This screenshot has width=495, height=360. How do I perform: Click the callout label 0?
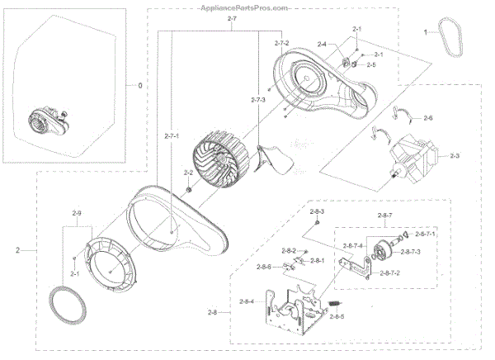(139, 84)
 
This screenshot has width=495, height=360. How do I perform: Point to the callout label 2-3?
(455, 155)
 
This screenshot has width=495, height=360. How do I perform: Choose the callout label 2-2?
(188, 173)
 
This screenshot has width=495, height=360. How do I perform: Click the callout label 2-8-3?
(317, 212)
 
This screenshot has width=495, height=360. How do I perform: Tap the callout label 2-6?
(427, 119)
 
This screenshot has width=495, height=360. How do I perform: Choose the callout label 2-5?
(371, 64)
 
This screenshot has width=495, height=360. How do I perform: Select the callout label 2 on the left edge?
(18, 249)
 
